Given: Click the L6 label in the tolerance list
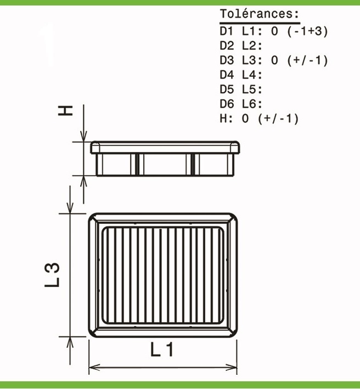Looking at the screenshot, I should click(252, 104).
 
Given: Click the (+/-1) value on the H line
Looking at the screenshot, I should click(278, 118).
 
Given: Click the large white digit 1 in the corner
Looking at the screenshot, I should click(48, 44).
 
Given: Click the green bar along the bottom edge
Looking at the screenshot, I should click(180, 385).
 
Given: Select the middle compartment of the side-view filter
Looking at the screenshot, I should click(165, 164).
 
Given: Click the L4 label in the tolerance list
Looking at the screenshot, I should click(252, 75).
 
